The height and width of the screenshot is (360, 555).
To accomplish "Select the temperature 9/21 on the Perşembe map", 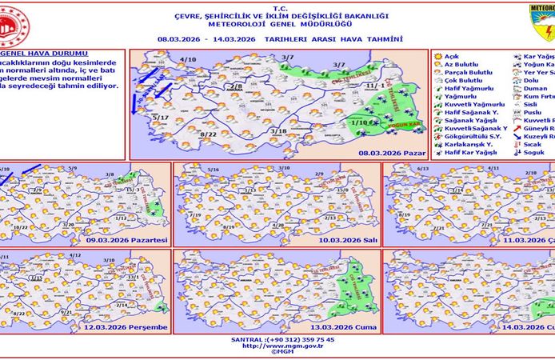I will (66, 310).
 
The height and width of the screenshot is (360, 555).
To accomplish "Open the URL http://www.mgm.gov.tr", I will (277, 346).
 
